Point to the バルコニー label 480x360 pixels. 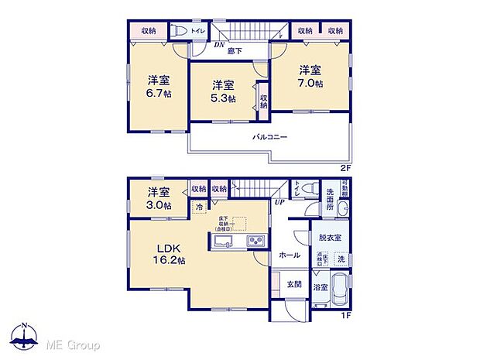point(269,137)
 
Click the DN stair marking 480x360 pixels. point(219,45)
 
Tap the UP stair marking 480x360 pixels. point(276,202)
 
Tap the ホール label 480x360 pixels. point(290,254)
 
